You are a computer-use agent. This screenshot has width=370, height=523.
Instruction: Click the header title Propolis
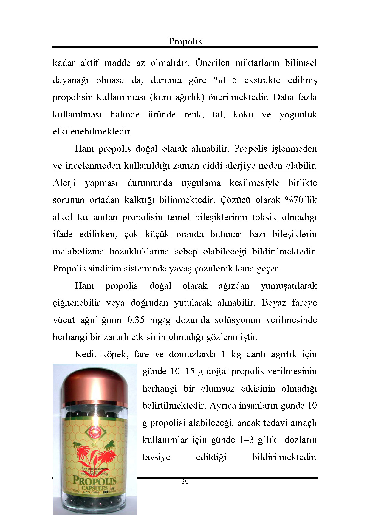[x=185, y=41]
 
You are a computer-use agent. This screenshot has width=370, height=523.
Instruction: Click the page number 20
[x=185, y=482]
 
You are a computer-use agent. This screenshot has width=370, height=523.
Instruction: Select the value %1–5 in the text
[x=225, y=80]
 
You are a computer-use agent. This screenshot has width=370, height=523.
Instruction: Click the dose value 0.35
[x=136, y=320]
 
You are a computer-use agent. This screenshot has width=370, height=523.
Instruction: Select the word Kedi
[x=85, y=354]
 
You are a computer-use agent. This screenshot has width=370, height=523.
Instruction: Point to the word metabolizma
[x=78, y=252]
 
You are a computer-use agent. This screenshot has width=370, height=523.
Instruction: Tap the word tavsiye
[x=156, y=457]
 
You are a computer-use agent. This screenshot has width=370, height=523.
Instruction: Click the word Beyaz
[x=274, y=303]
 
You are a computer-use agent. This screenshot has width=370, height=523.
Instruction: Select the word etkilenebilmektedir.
[x=92, y=131]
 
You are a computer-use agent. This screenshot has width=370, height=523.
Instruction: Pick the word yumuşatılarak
[x=289, y=286]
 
